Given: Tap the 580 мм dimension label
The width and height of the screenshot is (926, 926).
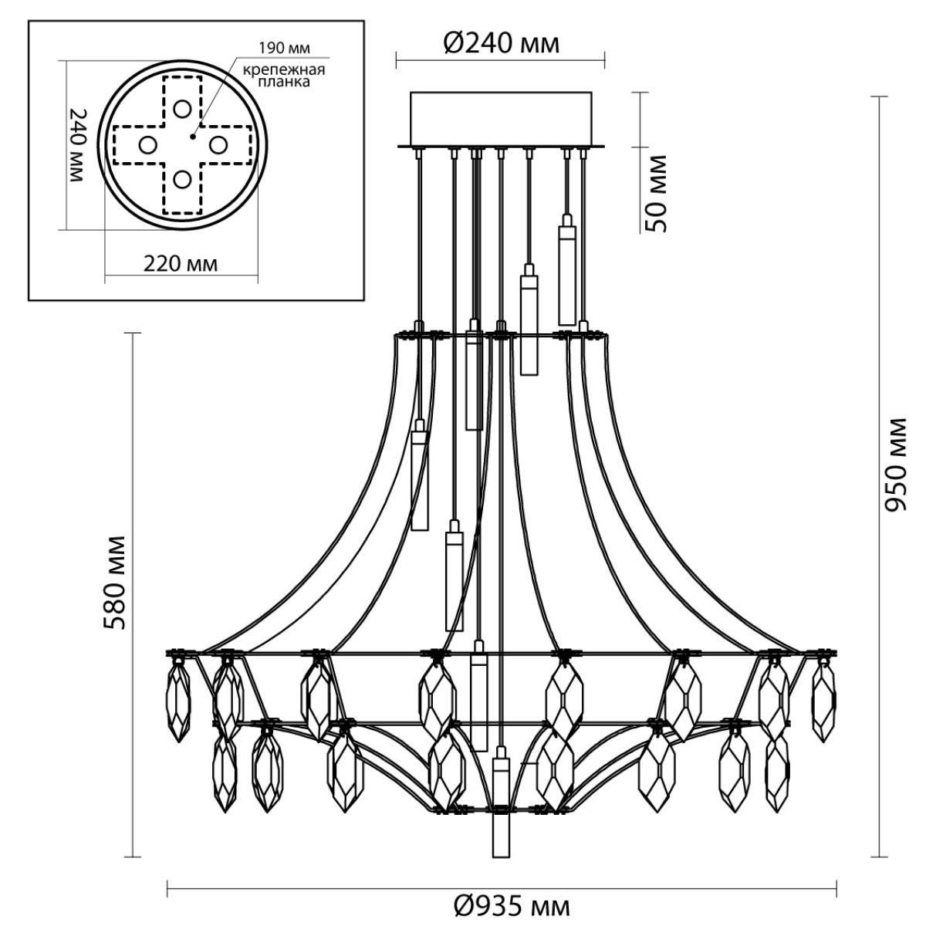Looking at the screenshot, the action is pos(114,583).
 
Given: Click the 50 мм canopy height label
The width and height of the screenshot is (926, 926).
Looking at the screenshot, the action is pos(656,194).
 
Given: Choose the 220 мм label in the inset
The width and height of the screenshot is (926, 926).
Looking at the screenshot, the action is pos(181,263).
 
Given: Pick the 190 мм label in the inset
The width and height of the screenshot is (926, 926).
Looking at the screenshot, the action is pos(284,48).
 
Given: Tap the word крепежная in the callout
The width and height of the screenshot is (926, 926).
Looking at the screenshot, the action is pos(283,70).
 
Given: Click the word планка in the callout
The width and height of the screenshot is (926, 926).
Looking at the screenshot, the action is pos(284,82).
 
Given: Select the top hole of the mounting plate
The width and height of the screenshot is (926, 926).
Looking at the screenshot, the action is pos(182,109).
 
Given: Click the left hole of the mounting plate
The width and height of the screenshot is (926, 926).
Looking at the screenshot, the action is pos(147,144).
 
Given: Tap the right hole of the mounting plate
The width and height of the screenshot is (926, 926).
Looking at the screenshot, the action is pos(218,144).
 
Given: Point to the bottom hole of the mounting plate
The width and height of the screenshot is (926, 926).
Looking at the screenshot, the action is pos(182,181).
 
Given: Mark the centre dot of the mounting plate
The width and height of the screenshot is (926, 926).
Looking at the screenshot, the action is pos(192,137).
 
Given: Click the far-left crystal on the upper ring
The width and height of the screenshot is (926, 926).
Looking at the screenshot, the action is pos(178,701).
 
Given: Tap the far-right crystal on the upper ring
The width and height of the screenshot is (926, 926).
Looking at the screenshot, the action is pos(823,701).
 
